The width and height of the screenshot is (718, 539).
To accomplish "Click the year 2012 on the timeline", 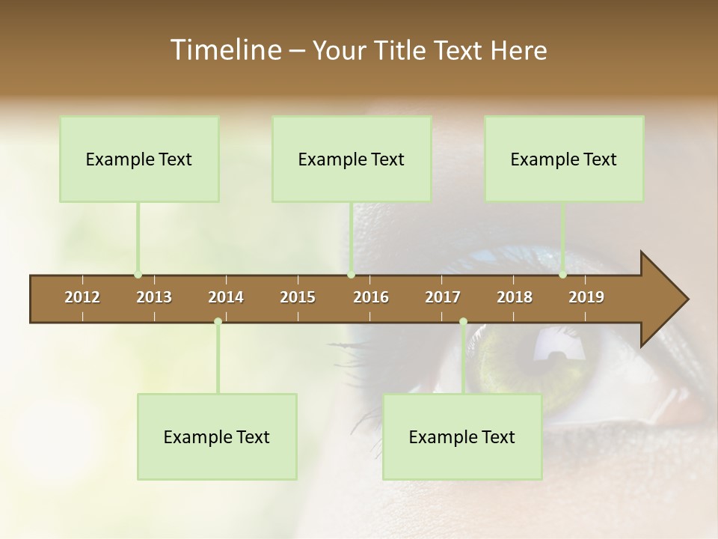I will [x=82, y=297].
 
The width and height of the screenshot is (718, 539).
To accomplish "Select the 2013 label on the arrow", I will [x=154, y=297].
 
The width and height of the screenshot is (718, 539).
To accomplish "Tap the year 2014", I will [x=226, y=297].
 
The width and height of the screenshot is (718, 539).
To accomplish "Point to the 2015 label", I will [x=298, y=297].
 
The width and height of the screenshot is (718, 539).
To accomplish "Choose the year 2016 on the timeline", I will [x=371, y=297].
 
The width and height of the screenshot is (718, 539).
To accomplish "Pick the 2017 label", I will [x=443, y=297].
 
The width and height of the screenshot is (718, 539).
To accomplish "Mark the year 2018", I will [x=515, y=297].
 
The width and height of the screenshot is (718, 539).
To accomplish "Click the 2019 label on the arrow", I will [x=586, y=297].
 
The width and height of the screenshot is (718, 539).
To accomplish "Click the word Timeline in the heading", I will [x=224, y=50].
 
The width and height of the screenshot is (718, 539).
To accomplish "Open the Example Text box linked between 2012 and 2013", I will [x=139, y=159].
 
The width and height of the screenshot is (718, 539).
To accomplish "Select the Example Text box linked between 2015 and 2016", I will [x=352, y=159].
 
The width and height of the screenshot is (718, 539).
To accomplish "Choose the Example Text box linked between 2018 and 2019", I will [x=564, y=159].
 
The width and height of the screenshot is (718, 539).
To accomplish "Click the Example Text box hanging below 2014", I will [x=217, y=436].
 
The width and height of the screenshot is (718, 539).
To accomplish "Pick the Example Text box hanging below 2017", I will [x=462, y=436].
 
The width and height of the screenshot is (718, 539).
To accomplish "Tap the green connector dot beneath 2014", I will [x=218, y=322].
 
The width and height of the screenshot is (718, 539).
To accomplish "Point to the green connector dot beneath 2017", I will [x=463, y=322].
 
